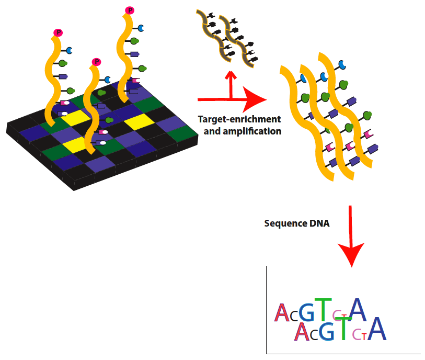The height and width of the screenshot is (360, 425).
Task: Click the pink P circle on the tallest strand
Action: [x=130, y=10]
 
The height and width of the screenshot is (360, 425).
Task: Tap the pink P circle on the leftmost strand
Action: [x=59, y=32]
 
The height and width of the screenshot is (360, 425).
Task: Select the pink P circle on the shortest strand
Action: [x=96, y=62]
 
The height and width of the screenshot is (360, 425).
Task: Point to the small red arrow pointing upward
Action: [x=228, y=81]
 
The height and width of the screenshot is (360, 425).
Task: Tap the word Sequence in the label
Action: [x=283, y=223]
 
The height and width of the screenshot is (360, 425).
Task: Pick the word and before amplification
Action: [x=212, y=131]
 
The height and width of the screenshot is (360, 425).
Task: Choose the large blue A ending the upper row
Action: [x=359, y=309]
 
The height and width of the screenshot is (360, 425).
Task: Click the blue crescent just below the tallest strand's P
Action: [x=140, y=27]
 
